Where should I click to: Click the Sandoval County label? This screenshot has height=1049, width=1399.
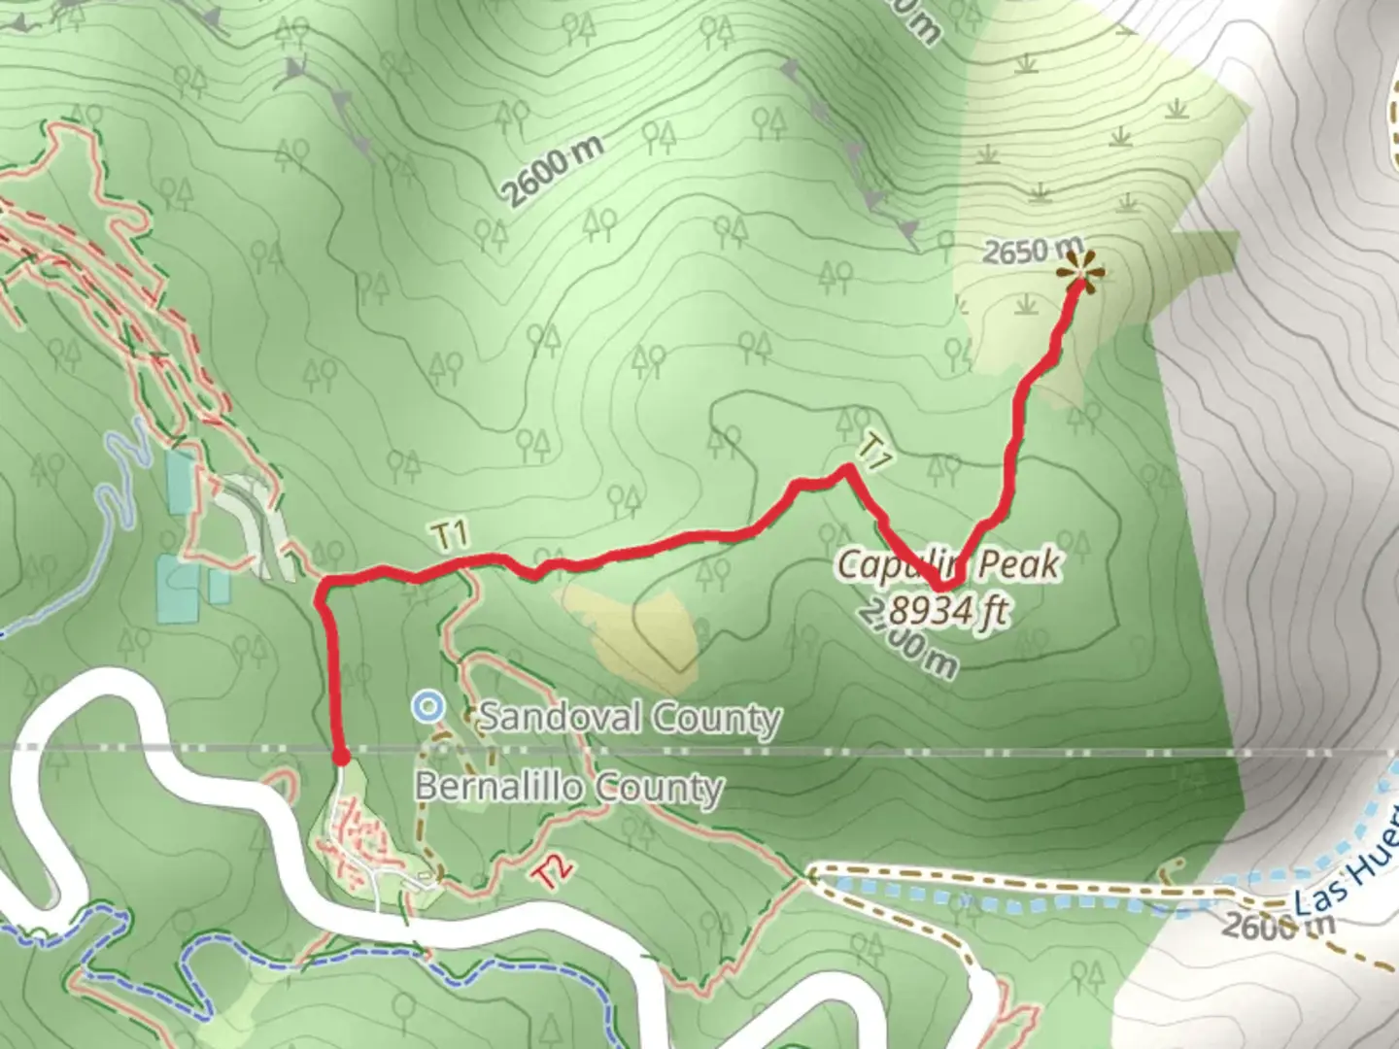630,719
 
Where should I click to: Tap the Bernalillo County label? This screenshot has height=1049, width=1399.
569,787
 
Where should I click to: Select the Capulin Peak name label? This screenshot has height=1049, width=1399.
948,563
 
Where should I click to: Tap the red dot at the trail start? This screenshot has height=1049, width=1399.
341,757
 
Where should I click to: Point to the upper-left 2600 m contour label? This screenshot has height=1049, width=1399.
553,169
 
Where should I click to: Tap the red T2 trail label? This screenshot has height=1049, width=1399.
550,872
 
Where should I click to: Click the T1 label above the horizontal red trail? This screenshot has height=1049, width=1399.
452,534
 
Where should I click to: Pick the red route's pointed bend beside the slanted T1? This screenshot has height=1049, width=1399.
848,469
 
